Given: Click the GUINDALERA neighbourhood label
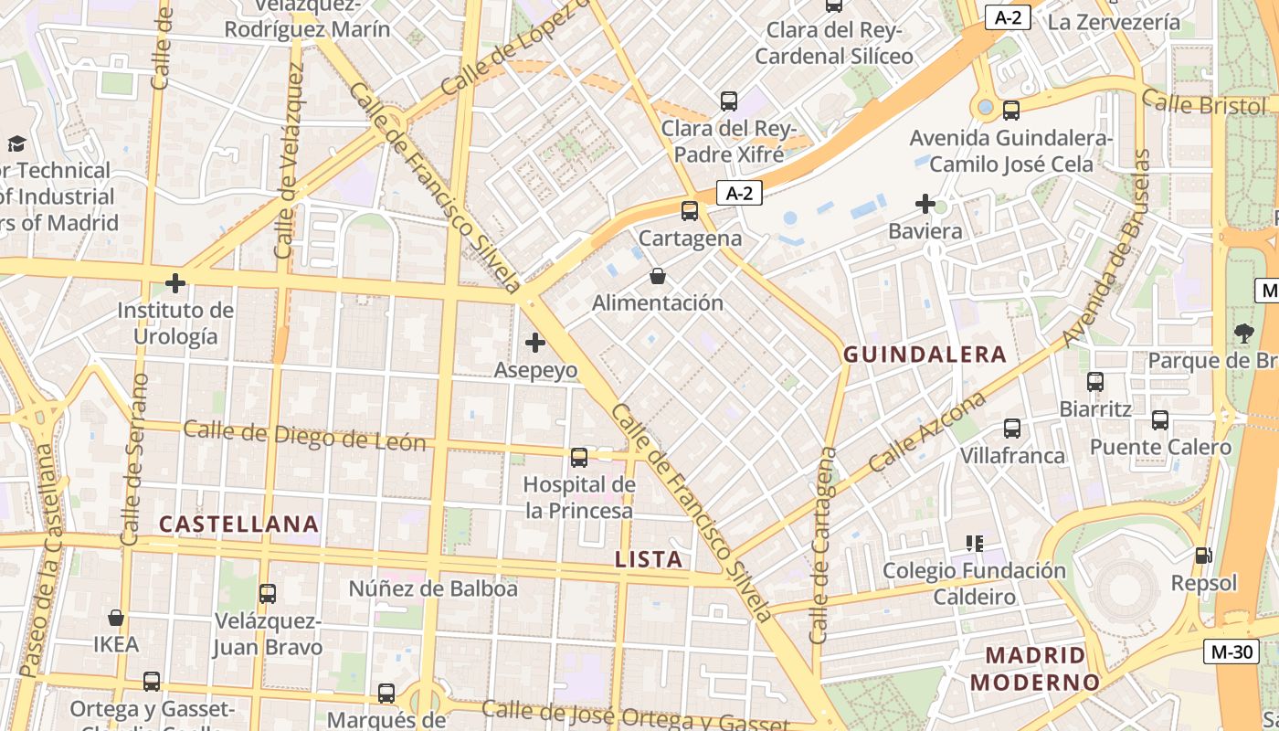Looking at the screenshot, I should pos(925,355).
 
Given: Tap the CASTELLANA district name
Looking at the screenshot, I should pos(238,524).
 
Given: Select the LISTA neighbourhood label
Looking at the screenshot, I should pos(649,560).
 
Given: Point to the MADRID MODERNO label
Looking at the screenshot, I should pos(1035,669).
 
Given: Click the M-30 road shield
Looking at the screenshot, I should pos(1230,652).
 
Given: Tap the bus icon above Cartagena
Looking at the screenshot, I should pos(690,211).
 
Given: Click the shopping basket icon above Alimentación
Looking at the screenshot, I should pos(658,276).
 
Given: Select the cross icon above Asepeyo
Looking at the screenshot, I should pos(535,344).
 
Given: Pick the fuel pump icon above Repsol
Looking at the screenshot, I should pos(1204,556).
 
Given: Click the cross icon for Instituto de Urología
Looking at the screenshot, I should pos(175,283).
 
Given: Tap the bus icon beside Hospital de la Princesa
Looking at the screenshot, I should pos(579,458).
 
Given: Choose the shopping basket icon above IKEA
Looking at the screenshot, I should pos(116,619).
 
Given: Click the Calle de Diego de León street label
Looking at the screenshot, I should pos(304,436).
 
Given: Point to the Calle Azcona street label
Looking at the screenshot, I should pos(927,432).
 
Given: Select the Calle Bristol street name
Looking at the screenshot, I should pos(1203,103).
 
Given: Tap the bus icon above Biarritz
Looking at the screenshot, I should pos(1095,382).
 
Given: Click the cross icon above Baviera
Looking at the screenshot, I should pos(925,204).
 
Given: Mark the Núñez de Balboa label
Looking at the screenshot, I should pos(433,588).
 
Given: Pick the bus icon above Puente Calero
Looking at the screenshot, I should pos(1160,420).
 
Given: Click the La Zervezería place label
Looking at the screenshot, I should pos(1114,22).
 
